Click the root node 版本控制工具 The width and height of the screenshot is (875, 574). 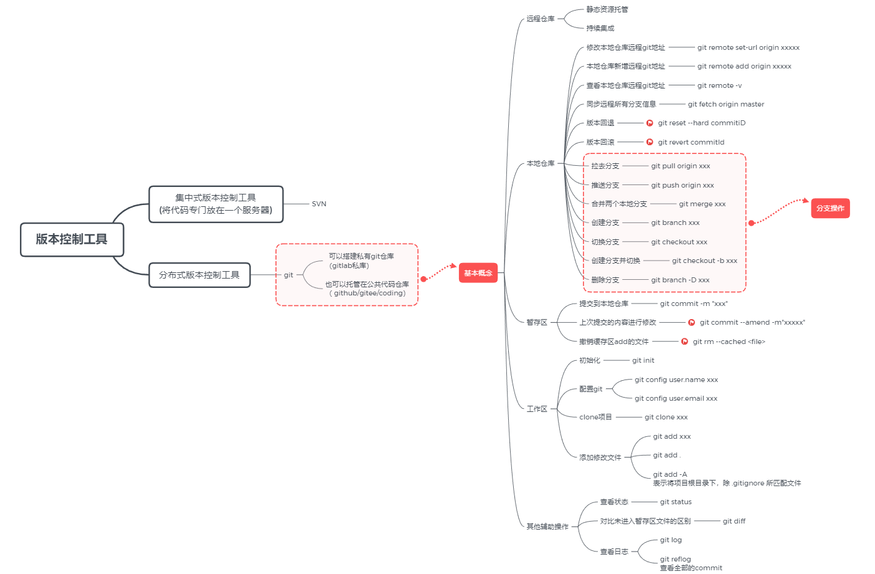click(72, 239)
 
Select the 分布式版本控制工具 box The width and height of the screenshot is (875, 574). click(199, 275)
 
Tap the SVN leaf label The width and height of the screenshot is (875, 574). click(319, 204)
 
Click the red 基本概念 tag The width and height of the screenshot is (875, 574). click(478, 273)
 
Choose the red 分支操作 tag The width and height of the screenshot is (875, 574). click(830, 208)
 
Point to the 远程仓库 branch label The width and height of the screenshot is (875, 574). click(540, 19)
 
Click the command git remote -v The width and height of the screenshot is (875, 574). click(719, 85)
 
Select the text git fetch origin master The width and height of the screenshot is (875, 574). click(726, 104)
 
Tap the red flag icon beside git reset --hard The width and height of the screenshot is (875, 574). click(650, 123)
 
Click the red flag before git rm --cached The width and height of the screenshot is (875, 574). click(684, 342)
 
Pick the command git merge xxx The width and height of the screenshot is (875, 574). click(702, 204)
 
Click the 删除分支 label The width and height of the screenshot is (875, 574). click(605, 280)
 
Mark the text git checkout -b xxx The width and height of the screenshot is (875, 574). click(704, 261)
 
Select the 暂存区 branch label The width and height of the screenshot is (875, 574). click(536, 322)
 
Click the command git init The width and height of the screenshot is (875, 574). click(643, 360)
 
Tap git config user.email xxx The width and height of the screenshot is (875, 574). click(676, 398)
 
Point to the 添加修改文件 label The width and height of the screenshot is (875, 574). click(600, 457)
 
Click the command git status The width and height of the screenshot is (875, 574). click(676, 502)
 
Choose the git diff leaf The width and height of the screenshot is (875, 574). click(734, 521)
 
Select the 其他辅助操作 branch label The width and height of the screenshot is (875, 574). click(547, 527)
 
